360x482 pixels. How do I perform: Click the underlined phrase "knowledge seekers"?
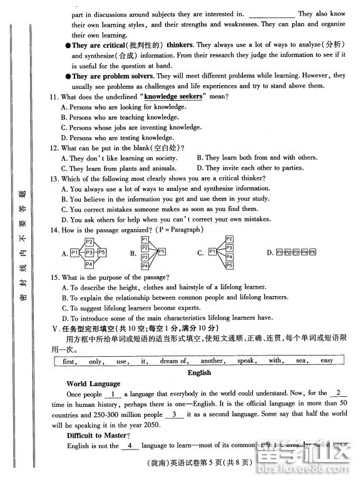pyautogui.click(x=173, y=97)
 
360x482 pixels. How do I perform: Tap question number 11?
pyautogui.click(x=55, y=97)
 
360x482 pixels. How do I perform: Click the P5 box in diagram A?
pyautogui.click(x=102, y=252)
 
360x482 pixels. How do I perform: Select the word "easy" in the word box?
pyautogui.click(x=327, y=361)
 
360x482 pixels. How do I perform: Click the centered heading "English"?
pyautogui.click(x=199, y=372)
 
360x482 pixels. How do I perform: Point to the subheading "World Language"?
pyautogui.click(x=93, y=384)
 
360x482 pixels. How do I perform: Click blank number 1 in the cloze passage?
pyautogui.click(x=113, y=394)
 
